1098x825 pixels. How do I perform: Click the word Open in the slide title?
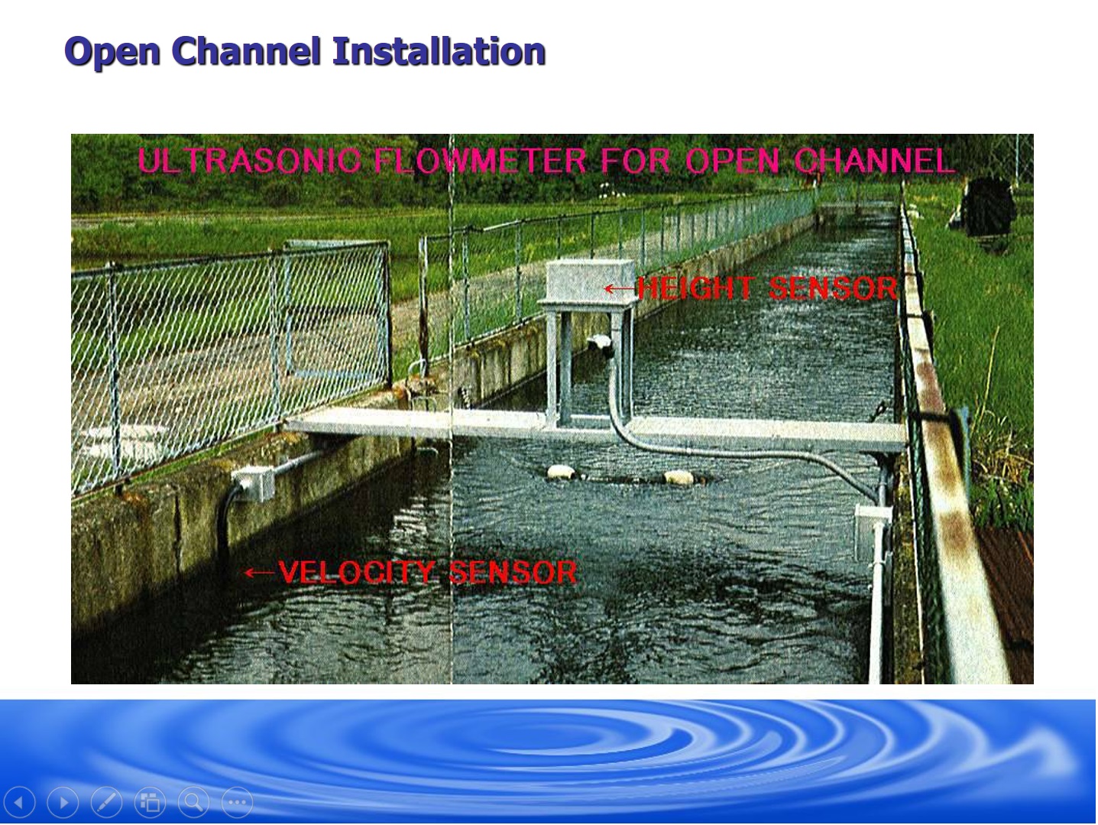pos(112,52)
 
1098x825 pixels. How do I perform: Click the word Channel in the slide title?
pos(245,50)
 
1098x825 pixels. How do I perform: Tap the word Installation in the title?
pos(439,50)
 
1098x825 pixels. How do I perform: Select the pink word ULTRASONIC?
pos(248,161)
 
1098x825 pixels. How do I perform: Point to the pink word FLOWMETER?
pos(480,161)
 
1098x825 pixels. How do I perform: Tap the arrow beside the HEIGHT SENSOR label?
pos(620,289)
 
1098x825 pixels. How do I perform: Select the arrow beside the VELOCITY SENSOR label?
pos(260,573)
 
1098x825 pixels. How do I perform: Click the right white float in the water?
pos(679,478)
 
